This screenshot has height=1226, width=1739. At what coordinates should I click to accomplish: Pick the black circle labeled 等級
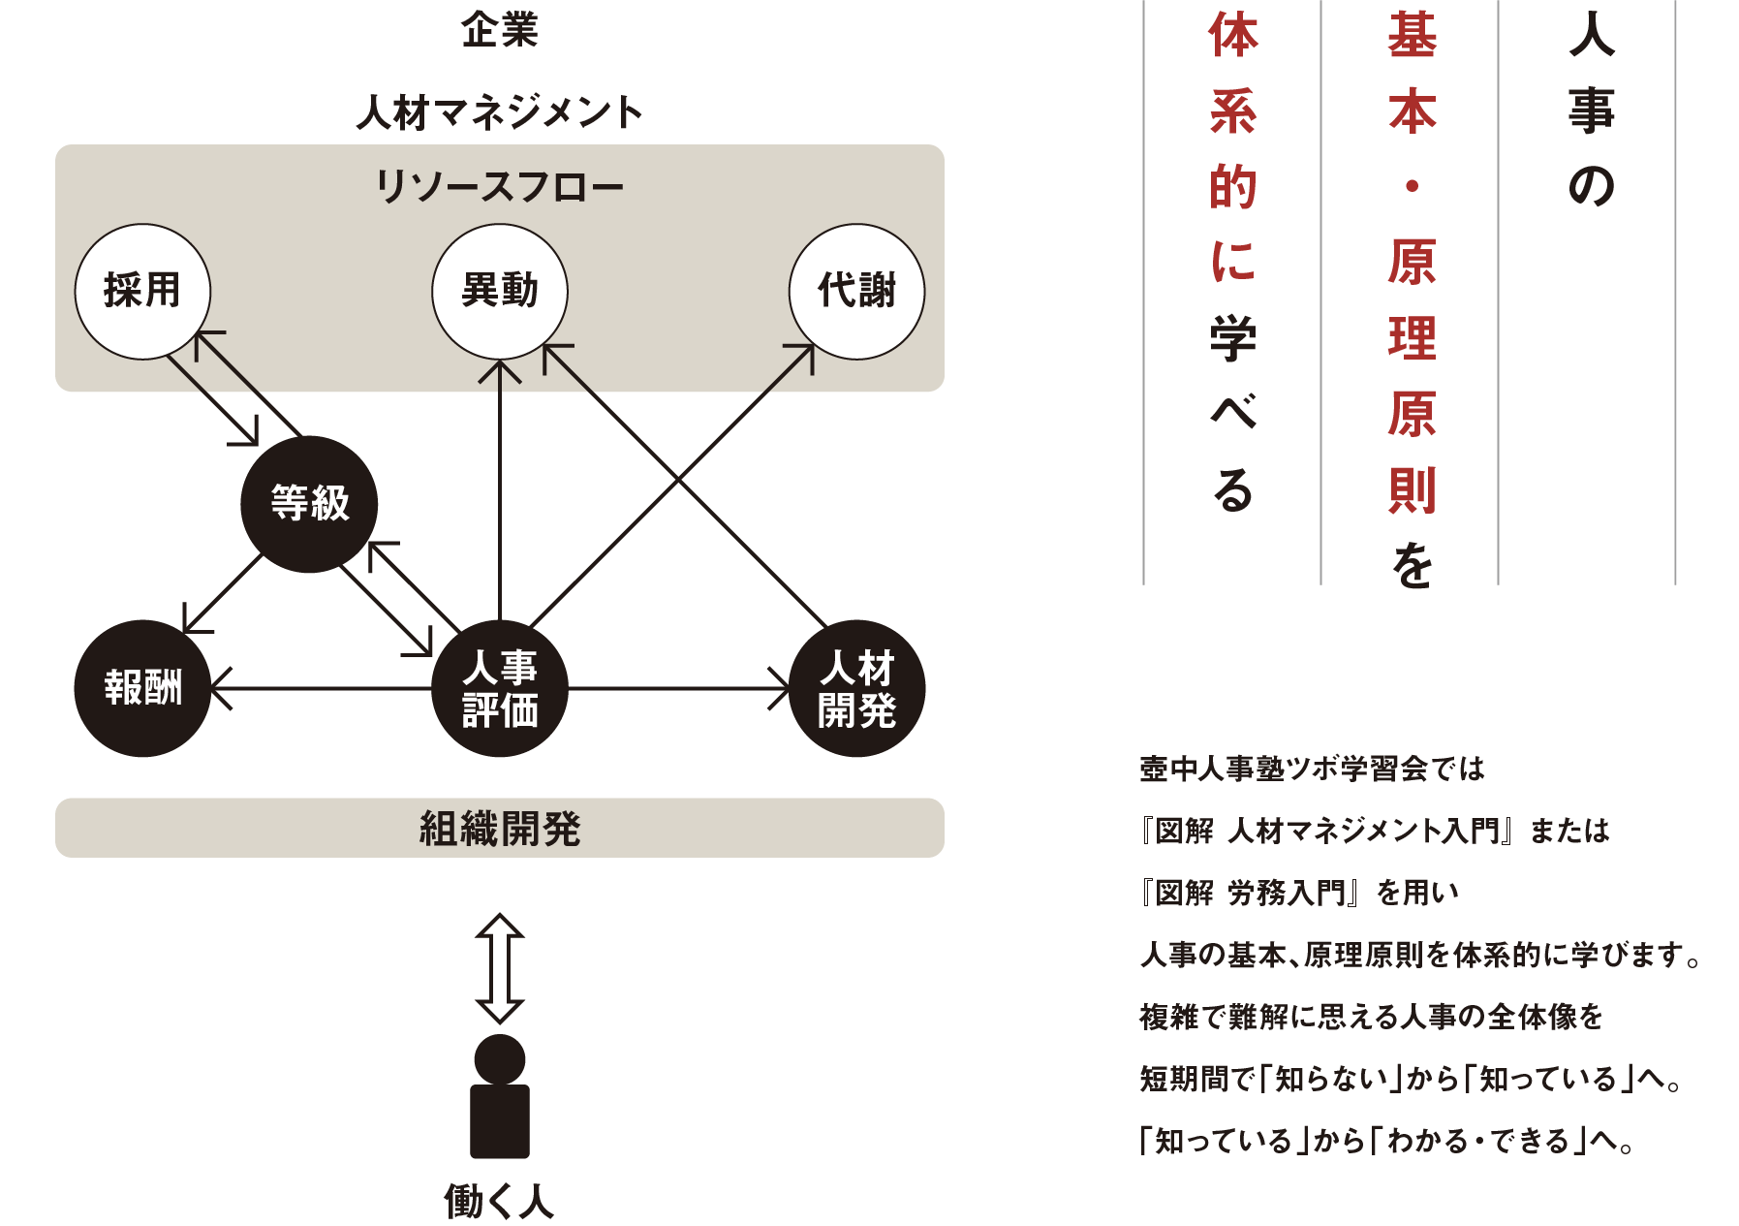(x=310, y=504)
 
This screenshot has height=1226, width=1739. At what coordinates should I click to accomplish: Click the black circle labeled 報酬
(x=142, y=688)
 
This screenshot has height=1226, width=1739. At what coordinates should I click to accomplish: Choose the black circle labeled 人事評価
(x=500, y=688)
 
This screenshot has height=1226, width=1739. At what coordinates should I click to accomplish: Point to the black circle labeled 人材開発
(x=857, y=688)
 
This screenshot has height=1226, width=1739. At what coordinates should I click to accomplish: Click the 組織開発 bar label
(x=500, y=829)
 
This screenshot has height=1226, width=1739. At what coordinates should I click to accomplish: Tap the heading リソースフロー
(x=500, y=186)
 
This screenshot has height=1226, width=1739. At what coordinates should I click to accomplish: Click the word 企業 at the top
(x=500, y=30)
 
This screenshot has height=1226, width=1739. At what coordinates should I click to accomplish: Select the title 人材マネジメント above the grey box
(x=500, y=112)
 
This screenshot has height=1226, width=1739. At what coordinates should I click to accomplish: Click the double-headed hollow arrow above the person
(x=500, y=968)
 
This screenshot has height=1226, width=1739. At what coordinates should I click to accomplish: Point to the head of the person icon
(x=500, y=1059)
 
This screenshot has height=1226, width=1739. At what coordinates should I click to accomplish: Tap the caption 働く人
(x=500, y=1202)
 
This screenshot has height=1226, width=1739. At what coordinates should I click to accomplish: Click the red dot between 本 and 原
(x=1412, y=186)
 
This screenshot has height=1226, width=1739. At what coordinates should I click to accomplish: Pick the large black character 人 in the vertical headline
(x=1592, y=35)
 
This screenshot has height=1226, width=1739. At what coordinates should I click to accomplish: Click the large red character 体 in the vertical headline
(x=1233, y=35)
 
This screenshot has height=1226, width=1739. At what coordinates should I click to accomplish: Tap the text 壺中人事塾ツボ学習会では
(x=1313, y=769)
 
